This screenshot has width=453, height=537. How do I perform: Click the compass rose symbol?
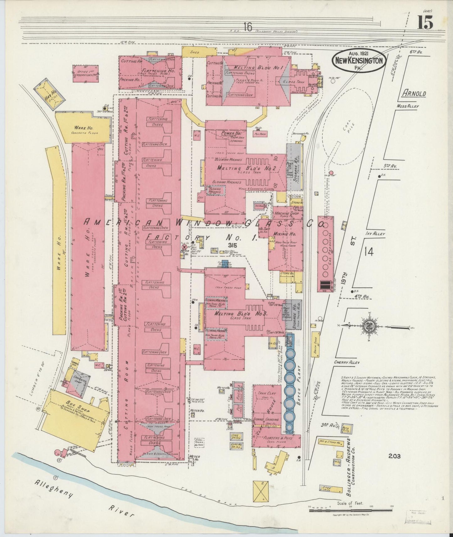pyautogui.click(x=367, y=326)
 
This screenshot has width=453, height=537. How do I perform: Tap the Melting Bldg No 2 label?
pyautogui.click(x=246, y=168)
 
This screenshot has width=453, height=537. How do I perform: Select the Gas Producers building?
pyautogui.click(x=325, y=254)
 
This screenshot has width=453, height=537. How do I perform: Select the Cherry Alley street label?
pyautogui.click(x=346, y=362)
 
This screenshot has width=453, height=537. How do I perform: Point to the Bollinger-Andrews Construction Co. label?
pyautogui.click(x=351, y=467)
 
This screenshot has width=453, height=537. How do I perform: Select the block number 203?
pyautogui.click(x=394, y=456)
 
